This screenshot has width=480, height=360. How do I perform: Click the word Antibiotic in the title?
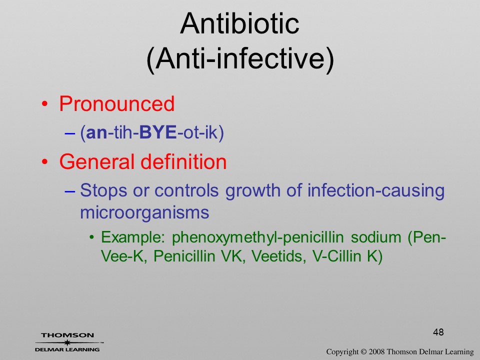(x=239, y=23)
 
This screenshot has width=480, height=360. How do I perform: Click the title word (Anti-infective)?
(x=240, y=58)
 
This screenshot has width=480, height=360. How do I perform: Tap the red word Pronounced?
(x=116, y=103)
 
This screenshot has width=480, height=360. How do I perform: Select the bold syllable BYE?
(x=157, y=132)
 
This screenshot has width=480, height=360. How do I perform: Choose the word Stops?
(x=103, y=190)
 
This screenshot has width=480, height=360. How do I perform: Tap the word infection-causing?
(x=376, y=191)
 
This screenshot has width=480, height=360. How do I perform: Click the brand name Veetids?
(x=278, y=256)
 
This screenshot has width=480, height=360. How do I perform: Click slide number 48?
(x=438, y=332)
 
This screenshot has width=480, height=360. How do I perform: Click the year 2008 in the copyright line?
(x=376, y=351)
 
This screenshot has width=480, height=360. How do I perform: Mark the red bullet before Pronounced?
(x=44, y=104)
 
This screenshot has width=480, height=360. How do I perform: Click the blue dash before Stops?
(x=70, y=191)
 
